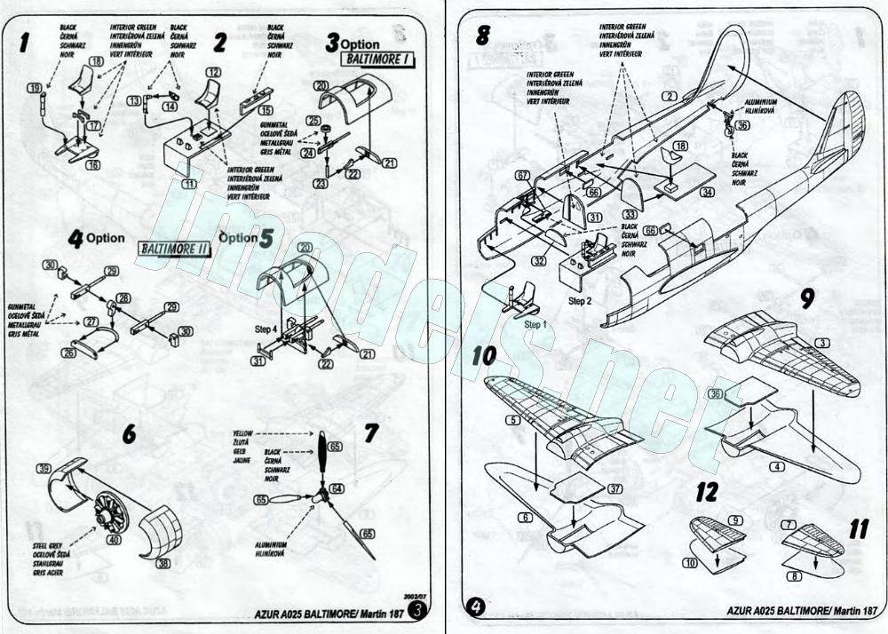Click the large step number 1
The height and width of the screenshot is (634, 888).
point(27,40)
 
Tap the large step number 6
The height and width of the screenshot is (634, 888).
point(130,434)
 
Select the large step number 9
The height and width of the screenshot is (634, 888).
point(807,298)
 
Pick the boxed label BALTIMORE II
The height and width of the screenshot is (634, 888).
point(174,250)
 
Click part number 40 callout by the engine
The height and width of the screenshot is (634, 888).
point(114,538)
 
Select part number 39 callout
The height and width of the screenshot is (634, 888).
point(43,468)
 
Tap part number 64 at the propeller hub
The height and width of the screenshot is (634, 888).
point(336,488)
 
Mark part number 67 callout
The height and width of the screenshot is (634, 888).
point(522,176)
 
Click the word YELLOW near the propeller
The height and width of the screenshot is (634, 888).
point(242,432)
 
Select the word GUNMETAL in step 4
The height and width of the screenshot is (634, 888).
point(24,305)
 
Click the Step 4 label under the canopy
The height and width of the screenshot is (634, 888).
point(267,328)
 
